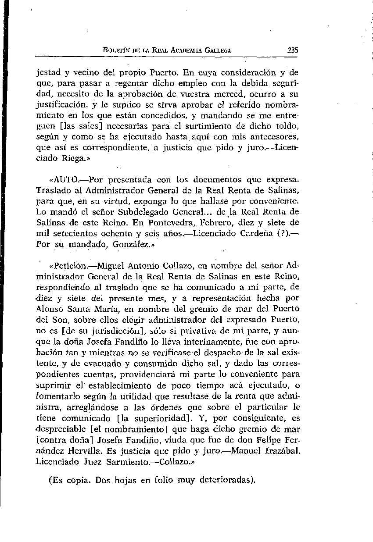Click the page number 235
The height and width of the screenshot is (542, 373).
tap(293, 50)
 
